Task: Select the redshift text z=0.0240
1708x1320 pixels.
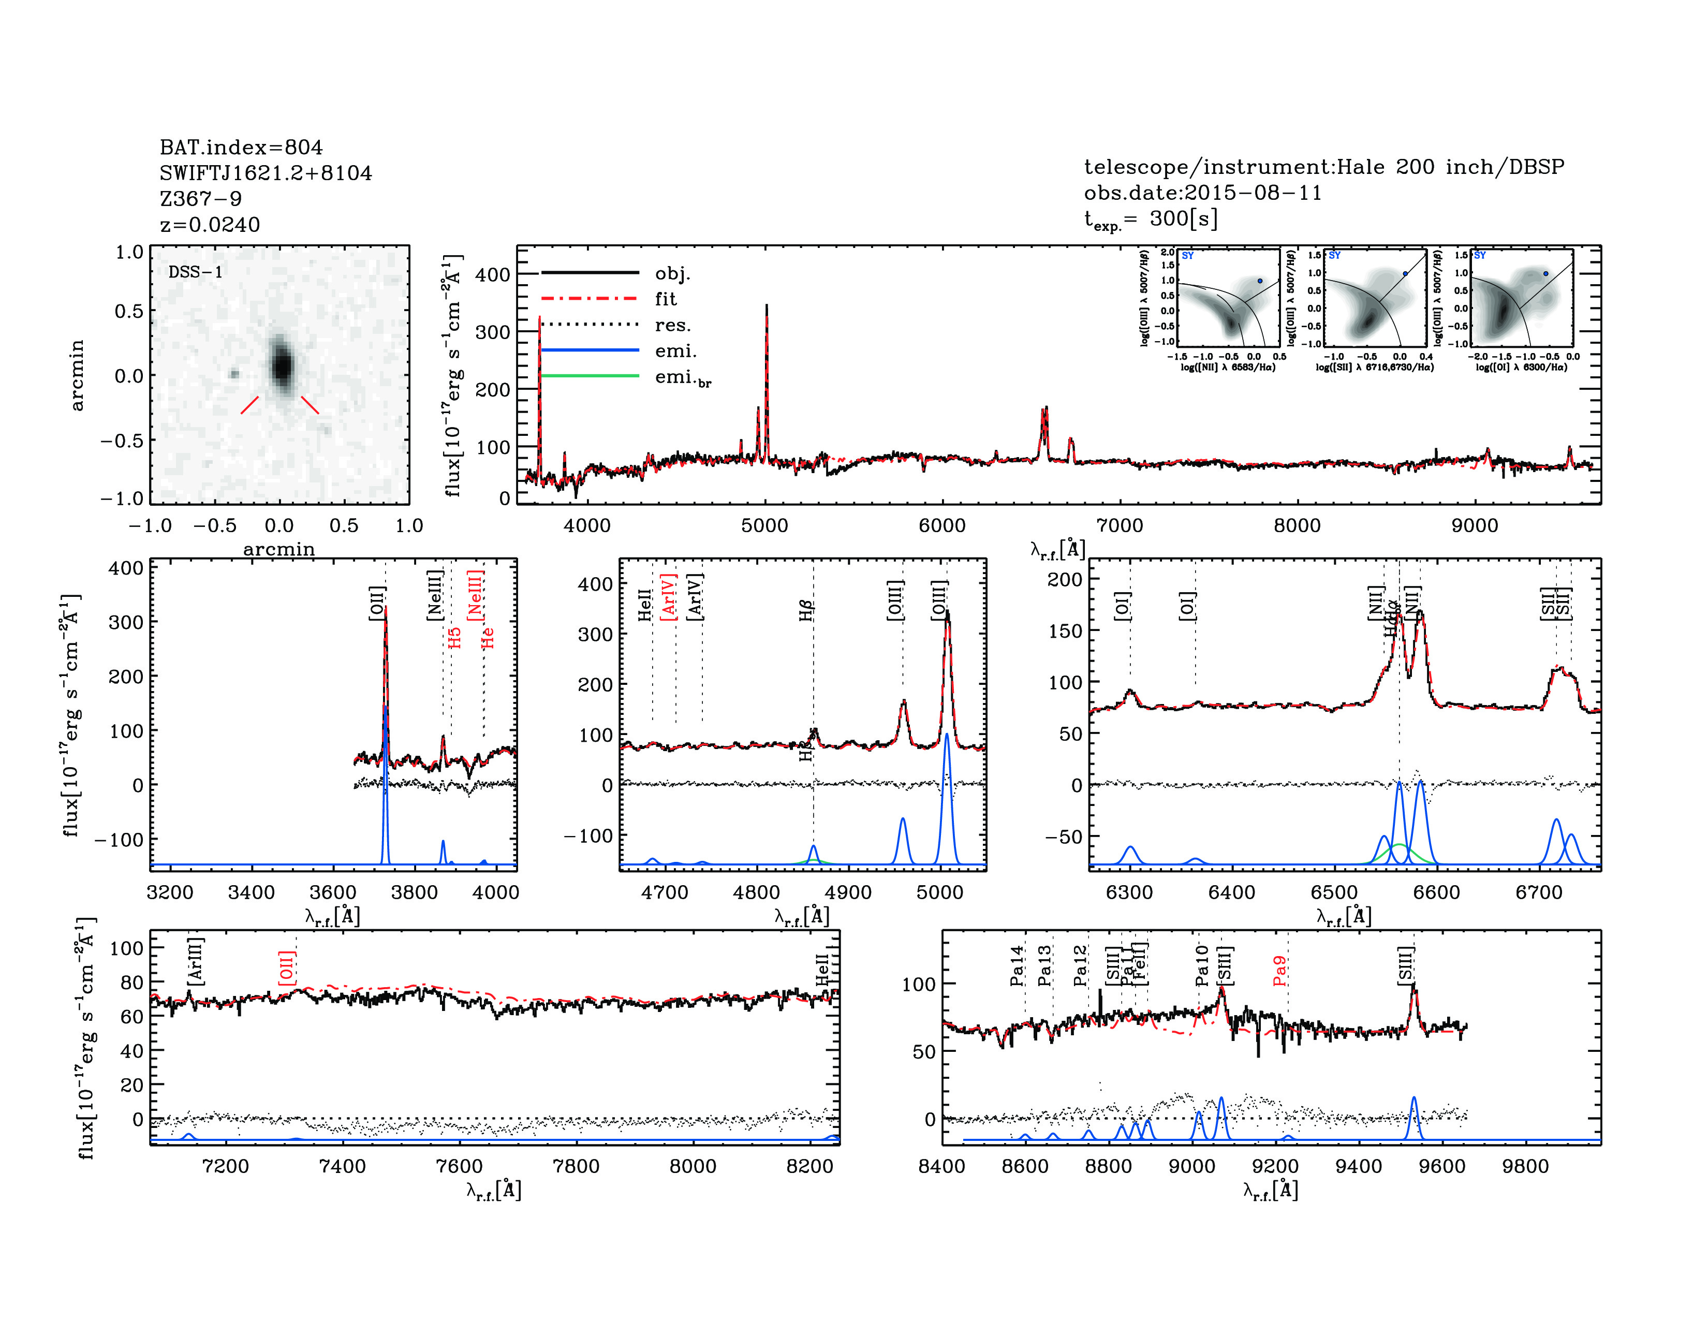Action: pyautogui.click(x=210, y=225)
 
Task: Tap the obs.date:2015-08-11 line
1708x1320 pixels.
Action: pyautogui.click(x=1202, y=193)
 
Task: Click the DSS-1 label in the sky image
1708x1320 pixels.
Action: pyautogui.click(x=196, y=272)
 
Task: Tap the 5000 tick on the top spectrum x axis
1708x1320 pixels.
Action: pyautogui.click(x=764, y=525)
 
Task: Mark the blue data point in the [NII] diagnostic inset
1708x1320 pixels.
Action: pyautogui.click(x=1260, y=281)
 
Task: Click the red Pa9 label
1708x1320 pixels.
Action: pyautogui.click(x=1279, y=971)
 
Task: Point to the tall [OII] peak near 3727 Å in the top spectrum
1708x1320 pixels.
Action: pyautogui.click(x=540, y=320)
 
